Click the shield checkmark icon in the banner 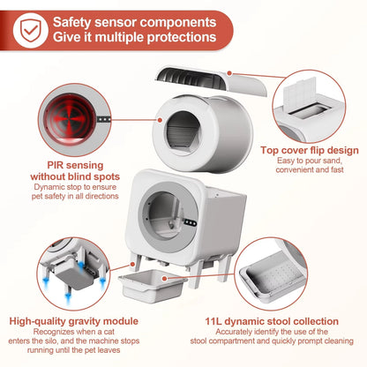[28, 29]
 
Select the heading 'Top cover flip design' [302, 151]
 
